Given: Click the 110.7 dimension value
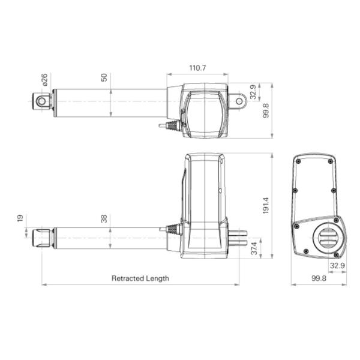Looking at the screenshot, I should (x=196, y=68).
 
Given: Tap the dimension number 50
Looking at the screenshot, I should (x=104, y=78).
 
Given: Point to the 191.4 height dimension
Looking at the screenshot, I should (x=266, y=205).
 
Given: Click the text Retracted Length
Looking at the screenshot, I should (x=140, y=278).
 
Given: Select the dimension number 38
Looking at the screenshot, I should (x=104, y=220).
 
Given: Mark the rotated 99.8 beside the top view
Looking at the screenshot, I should (x=266, y=111).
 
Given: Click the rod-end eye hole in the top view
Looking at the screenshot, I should (x=43, y=101).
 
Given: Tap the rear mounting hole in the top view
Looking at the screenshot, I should (x=239, y=101).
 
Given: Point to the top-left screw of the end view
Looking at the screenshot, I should (x=298, y=160).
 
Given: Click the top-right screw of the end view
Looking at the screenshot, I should (x=331, y=160).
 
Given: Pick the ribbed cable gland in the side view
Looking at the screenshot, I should (x=173, y=229).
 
